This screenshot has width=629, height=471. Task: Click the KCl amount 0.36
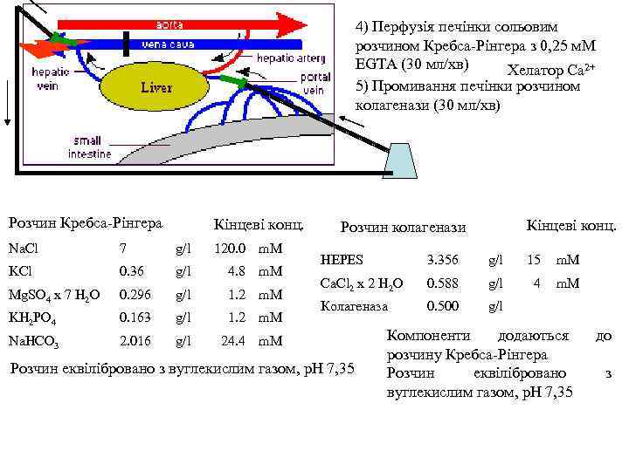coord(131,271)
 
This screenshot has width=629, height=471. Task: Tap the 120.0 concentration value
coord(230,249)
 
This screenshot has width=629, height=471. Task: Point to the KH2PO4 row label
coord(31,317)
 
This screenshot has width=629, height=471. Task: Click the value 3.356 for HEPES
coord(441,260)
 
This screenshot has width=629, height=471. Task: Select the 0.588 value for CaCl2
coord(441,283)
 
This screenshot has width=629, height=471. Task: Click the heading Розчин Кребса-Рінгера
coord(85,223)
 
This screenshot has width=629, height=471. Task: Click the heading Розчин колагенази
coord(403,227)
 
